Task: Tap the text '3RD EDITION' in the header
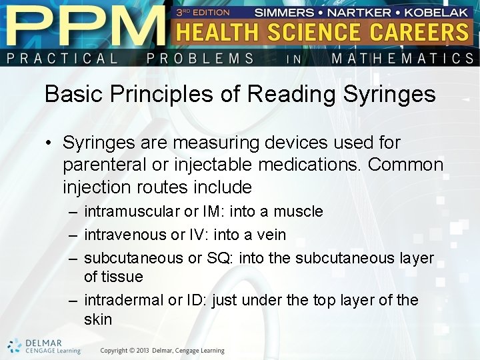tap(203, 12)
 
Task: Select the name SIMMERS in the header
tap(284, 12)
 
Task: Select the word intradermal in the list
tap(123, 300)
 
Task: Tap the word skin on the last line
tap(98, 319)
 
